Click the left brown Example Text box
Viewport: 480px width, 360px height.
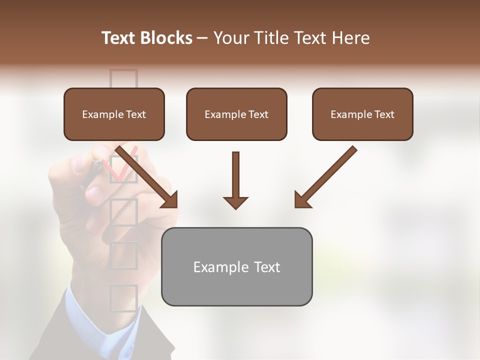[114, 114]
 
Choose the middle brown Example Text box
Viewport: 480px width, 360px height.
[236, 114]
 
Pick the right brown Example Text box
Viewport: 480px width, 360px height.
[362, 114]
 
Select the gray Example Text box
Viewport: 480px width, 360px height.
[236, 266]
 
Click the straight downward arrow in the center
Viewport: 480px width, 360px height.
[235, 180]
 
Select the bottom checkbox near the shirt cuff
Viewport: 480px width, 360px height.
[123, 297]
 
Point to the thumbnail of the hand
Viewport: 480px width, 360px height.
[93, 192]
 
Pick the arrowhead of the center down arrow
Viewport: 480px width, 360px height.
[235, 202]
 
